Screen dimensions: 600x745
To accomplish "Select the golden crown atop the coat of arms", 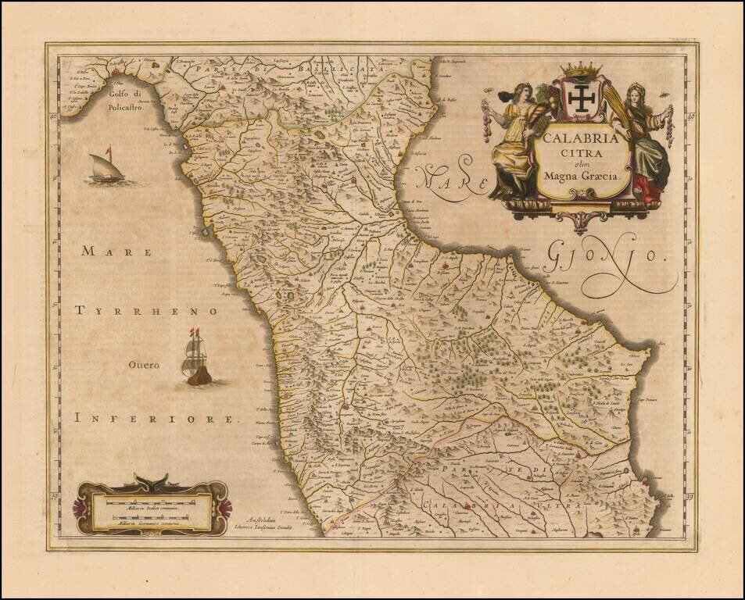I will (581, 70).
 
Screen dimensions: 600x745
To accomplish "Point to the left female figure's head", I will (522, 92).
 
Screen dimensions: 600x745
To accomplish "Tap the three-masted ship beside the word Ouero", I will (196, 359).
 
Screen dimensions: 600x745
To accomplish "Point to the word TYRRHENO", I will (145, 311).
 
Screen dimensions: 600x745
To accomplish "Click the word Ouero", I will (145, 365).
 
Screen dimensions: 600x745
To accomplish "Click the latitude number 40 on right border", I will (690, 117).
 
